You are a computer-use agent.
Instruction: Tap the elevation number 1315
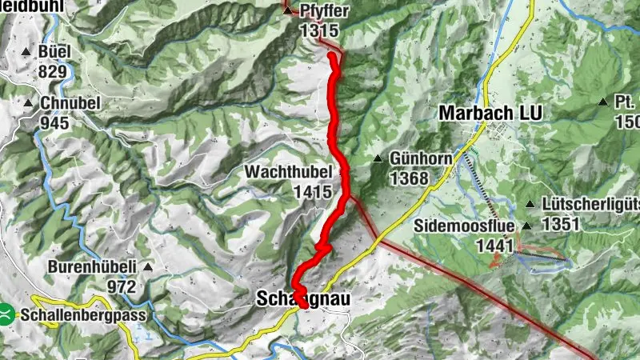[319, 30]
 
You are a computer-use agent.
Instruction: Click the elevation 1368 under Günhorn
[410, 178]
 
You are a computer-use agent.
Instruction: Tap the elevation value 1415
[312, 191]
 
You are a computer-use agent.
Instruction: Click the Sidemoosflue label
[465, 226]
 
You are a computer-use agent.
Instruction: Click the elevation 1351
[560, 225]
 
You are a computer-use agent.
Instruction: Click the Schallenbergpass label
[84, 315]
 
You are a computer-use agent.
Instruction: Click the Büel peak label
[54, 52]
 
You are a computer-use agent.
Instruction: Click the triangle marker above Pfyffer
[288, 10]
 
